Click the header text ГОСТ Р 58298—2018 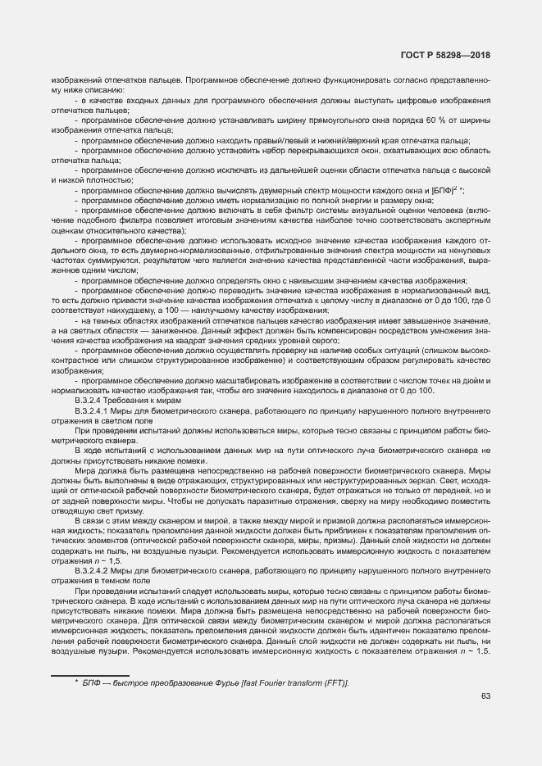446,55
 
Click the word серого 326,339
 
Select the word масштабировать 230,381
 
